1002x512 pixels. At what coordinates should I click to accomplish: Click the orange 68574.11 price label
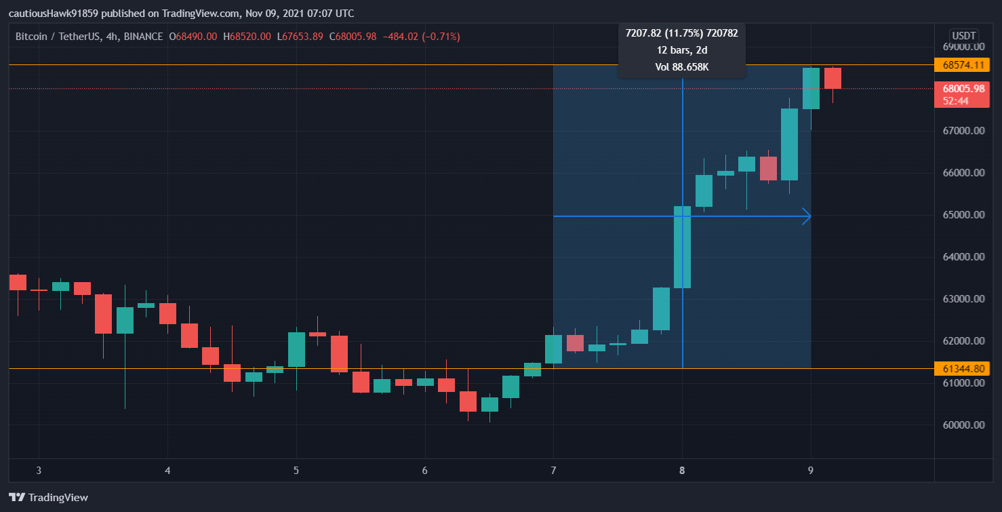(x=963, y=65)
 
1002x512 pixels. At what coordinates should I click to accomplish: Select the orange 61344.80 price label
(x=963, y=369)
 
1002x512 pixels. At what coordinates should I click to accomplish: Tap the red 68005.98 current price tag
(x=963, y=89)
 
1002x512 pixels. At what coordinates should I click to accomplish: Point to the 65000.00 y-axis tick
(x=963, y=215)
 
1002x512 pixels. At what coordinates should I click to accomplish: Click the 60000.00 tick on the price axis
(x=963, y=425)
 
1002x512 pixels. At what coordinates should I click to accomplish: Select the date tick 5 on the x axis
(x=296, y=471)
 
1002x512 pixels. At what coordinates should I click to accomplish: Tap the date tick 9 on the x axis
(x=811, y=471)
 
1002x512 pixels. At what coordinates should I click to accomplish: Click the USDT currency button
(x=963, y=35)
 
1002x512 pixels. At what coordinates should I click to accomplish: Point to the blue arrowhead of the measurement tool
(x=807, y=216)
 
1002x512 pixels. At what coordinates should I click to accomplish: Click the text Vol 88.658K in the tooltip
(x=681, y=67)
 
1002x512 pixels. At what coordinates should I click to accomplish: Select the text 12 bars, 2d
(x=681, y=50)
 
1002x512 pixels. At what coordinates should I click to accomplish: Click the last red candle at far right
(x=833, y=79)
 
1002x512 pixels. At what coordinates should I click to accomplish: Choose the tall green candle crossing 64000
(x=682, y=247)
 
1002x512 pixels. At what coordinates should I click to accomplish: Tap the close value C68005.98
(x=353, y=37)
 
